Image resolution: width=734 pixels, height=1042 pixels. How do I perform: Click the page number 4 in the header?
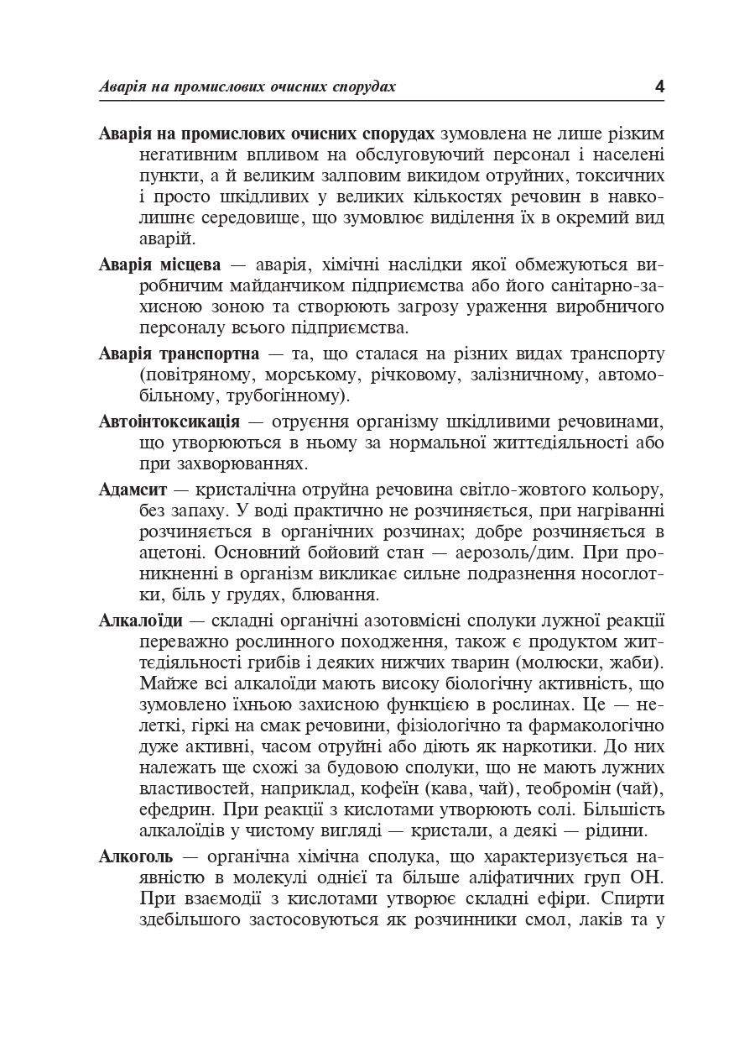659,86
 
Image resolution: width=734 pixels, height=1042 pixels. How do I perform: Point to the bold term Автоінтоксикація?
169,421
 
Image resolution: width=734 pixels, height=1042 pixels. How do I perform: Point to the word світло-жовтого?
505,489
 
